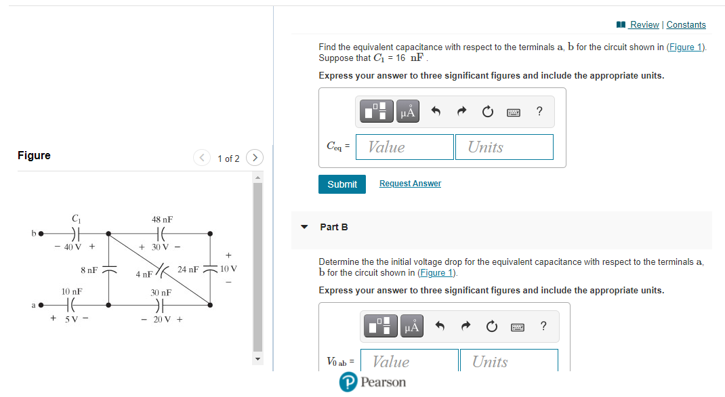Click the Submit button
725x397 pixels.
tap(341, 184)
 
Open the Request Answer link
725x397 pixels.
tap(410, 184)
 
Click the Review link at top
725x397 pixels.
tap(643, 24)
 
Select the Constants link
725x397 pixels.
tap(686, 24)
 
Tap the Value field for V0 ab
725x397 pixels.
tap(409, 361)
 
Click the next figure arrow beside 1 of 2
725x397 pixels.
tap(254, 158)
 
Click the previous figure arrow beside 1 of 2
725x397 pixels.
tap(202, 158)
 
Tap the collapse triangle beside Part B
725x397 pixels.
tap(304, 227)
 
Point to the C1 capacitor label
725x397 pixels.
tap(76, 218)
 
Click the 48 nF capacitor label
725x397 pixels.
tap(162, 220)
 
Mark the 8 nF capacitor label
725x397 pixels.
tap(89, 270)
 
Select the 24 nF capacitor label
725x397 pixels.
tap(188, 270)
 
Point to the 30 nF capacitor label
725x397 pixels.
tap(161, 293)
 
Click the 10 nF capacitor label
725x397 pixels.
tap(72, 291)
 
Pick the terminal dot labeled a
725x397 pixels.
tap(41, 306)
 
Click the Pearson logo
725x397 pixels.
tap(373, 382)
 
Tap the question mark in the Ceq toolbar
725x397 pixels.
tap(539, 112)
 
